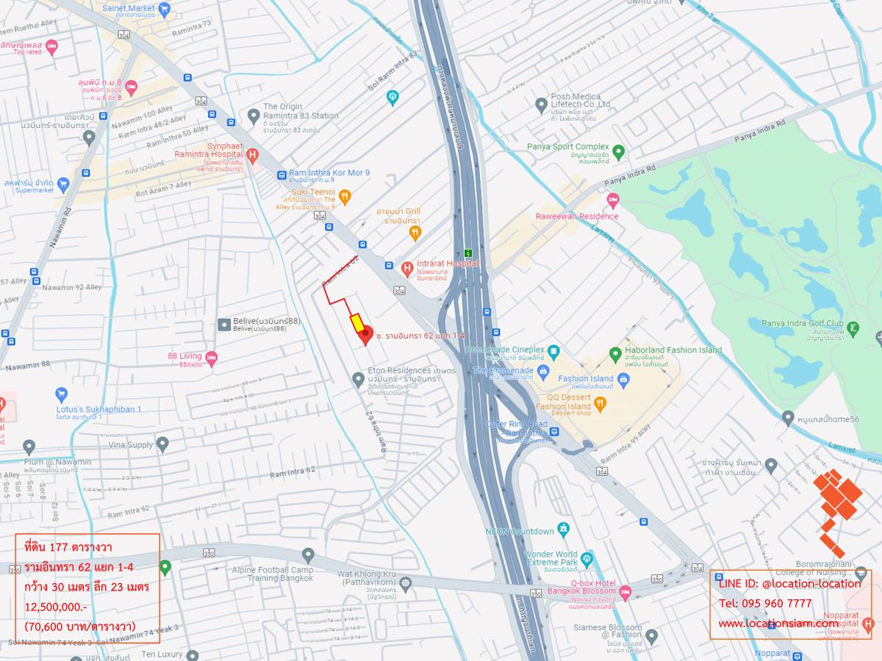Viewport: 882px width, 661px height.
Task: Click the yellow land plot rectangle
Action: point(355,322)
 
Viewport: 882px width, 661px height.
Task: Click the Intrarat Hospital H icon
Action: point(406,269)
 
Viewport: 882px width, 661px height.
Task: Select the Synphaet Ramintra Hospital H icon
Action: point(252,155)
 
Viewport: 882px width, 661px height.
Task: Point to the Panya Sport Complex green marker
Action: point(618,152)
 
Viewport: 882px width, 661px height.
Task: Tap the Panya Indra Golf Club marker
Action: point(853,328)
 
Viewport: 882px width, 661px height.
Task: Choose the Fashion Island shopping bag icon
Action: point(623,379)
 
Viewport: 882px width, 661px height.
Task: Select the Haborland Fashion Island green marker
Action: point(615,355)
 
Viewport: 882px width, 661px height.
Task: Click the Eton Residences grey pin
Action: point(358,379)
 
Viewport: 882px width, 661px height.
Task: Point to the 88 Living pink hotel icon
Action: point(212,358)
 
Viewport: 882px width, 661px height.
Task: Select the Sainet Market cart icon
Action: point(164,9)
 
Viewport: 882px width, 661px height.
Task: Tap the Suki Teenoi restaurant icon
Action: point(345,196)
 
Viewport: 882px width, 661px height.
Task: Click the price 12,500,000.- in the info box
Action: point(56,607)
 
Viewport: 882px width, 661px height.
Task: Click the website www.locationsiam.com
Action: point(778,624)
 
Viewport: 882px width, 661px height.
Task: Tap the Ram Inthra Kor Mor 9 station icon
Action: point(282,175)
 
